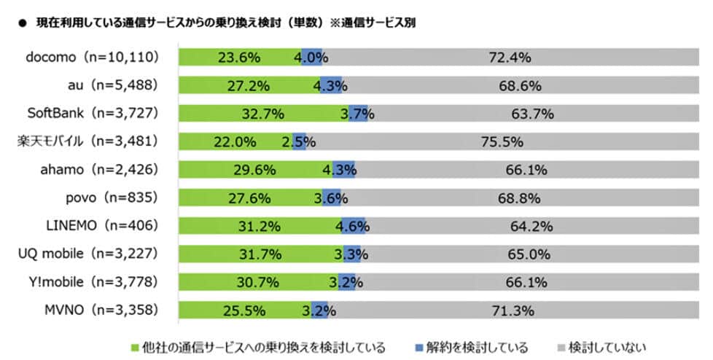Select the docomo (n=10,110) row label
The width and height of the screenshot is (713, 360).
pyautogui.click(x=92, y=58)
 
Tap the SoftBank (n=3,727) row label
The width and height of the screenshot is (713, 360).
pyautogui.click(x=92, y=114)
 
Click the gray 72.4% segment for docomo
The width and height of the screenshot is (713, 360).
pyautogui.click(x=510, y=58)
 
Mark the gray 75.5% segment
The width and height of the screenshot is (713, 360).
pyautogui.click(x=499, y=142)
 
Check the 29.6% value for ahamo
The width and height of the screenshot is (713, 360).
pyautogui.click(x=257, y=170)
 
